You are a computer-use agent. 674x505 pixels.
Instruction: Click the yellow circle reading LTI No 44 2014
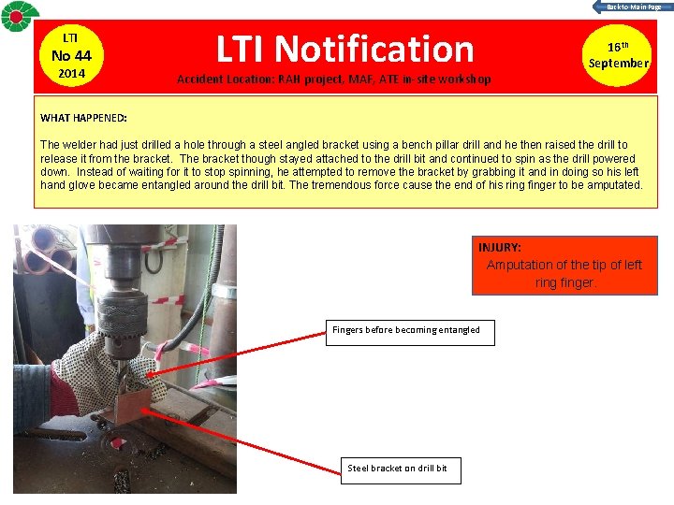71,56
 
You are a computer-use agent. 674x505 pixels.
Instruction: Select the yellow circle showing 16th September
617,55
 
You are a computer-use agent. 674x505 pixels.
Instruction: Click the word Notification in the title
374,49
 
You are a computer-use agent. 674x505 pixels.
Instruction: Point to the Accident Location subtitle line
334,79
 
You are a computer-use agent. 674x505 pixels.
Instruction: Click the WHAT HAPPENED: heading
83,118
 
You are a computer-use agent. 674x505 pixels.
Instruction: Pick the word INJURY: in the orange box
500,247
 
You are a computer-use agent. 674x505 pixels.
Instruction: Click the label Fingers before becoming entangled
406,330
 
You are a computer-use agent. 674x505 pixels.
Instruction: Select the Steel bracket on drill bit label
397,469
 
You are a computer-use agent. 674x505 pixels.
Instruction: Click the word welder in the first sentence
80,145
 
